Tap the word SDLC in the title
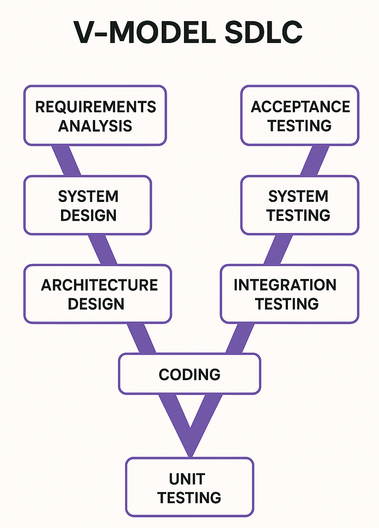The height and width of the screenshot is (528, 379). [x=264, y=33]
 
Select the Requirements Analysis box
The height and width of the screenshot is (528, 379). [x=95, y=116]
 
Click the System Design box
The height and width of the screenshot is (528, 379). [x=88, y=205]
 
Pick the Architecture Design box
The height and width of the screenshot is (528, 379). [x=98, y=294]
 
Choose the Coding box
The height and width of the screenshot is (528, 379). [x=189, y=374]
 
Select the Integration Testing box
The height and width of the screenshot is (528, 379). [x=289, y=294]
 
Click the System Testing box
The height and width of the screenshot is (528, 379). [x=299, y=205]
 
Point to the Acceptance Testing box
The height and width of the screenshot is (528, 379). [x=300, y=116]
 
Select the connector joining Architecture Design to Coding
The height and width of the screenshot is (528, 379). [x=141, y=338]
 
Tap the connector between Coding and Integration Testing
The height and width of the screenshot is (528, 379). [x=240, y=338]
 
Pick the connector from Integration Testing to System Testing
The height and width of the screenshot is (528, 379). [x=278, y=250]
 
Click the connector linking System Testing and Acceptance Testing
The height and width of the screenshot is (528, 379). [x=315, y=160]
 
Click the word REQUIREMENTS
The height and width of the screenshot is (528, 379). [x=95, y=107]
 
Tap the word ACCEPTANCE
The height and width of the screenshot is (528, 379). [x=300, y=107]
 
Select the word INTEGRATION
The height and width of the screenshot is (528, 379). [x=285, y=285]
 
